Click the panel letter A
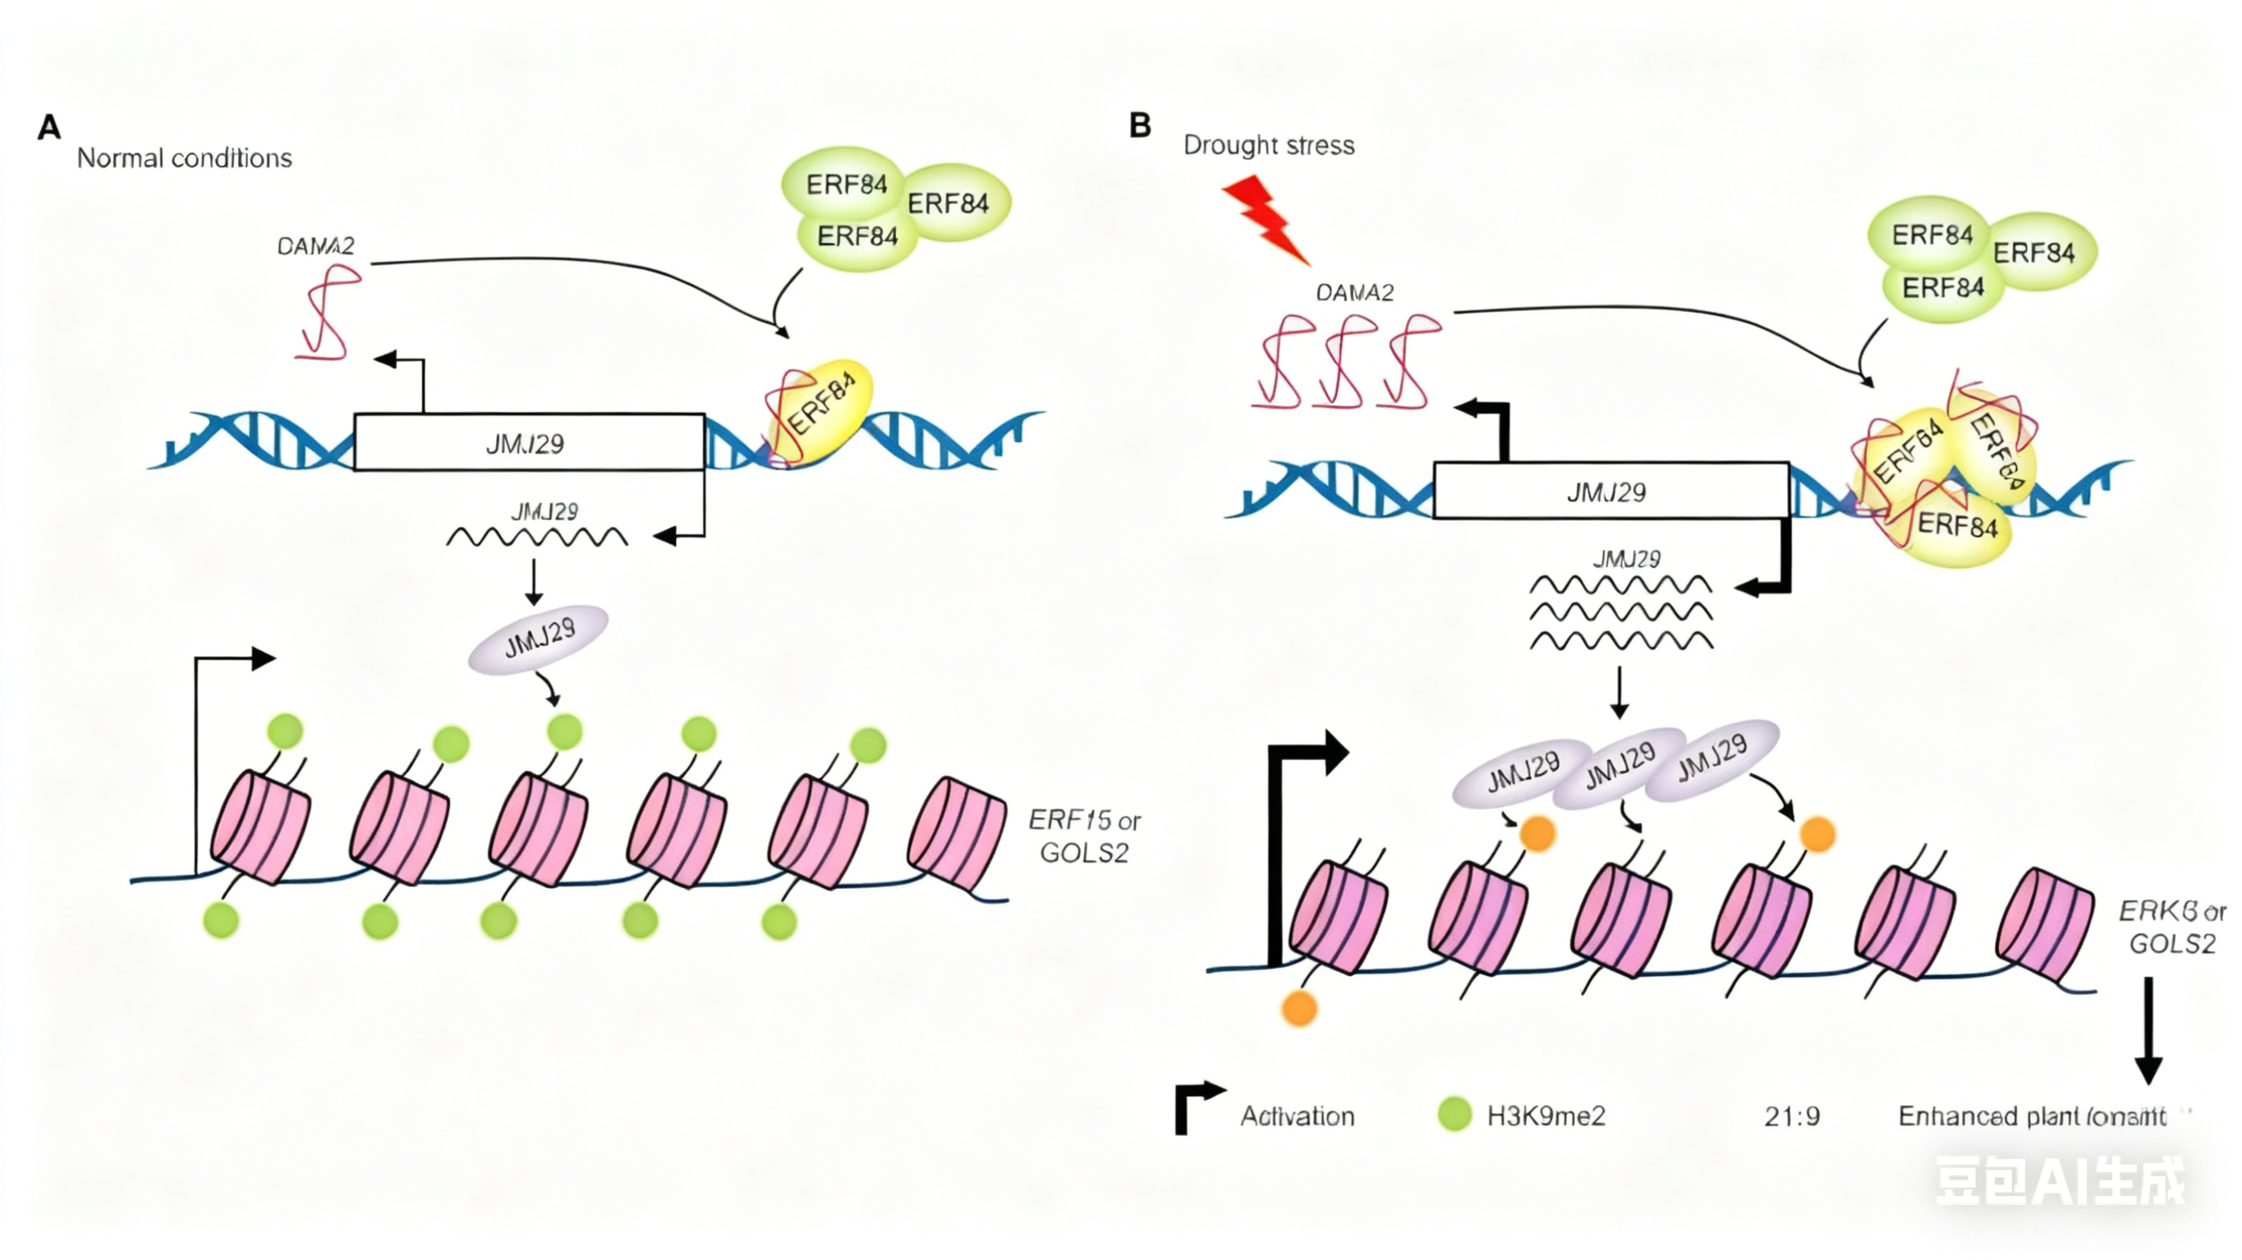[x=49, y=128]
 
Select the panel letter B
[x=1140, y=126]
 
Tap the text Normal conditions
[x=185, y=158]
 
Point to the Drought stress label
[x=1268, y=145]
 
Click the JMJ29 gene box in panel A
[x=528, y=443]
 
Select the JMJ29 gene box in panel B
[x=1610, y=492]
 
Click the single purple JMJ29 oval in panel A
[x=538, y=638]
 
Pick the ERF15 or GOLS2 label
[x=1083, y=836]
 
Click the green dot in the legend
[x=1454, y=1115]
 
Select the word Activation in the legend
[x=1297, y=1116]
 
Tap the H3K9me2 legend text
[x=1546, y=1116]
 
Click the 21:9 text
[x=1792, y=1116]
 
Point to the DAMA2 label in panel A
[x=315, y=247]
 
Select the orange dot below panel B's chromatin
[x=1299, y=1009]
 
